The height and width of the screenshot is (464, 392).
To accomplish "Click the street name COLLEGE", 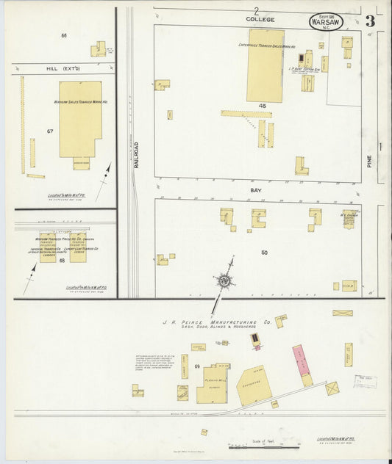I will (260, 19).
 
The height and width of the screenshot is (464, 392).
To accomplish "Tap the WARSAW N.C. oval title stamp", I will (325, 22).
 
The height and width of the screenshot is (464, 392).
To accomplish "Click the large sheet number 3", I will (369, 21).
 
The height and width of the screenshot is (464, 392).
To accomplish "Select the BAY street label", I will (256, 189).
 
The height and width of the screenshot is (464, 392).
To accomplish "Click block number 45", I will (262, 106).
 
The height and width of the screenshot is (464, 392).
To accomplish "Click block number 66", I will (64, 36).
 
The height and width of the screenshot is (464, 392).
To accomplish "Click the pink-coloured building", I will (301, 360).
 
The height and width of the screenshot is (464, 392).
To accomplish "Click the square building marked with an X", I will (332, 388).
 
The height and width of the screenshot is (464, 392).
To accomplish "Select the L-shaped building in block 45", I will (301, 166).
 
